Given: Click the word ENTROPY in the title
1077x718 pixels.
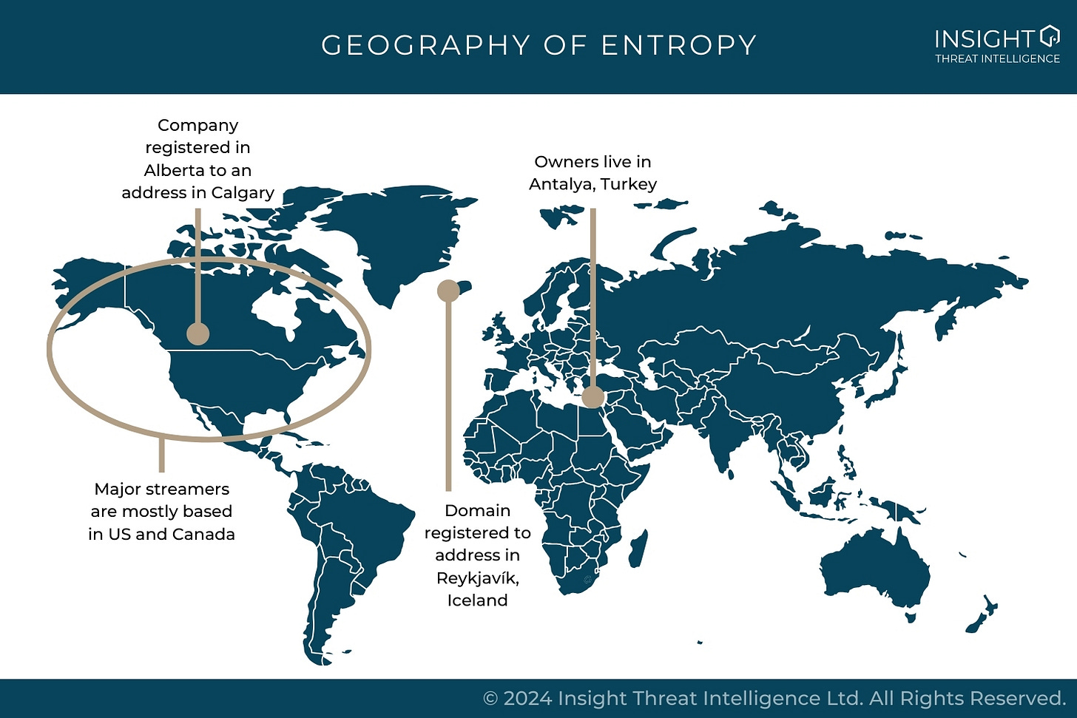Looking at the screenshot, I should coord(678,45).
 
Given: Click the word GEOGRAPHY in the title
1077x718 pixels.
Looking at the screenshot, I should coord(425,45).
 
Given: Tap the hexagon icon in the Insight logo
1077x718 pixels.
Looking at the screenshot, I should coord(1050,35).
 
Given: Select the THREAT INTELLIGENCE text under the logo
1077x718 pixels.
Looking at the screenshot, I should coord(997,59).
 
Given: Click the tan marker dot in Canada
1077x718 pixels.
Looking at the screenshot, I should coord(197,333).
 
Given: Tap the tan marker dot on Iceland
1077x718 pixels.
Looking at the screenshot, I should coord(448,291).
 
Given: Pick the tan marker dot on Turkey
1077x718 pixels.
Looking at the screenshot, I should coord(592,397).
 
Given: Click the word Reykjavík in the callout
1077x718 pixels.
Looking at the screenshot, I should coord(477,578).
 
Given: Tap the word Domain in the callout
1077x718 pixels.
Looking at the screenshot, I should coord(477,511).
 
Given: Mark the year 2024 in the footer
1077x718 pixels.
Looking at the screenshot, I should coord(528,699).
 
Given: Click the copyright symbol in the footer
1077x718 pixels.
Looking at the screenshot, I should coord(490,699).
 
